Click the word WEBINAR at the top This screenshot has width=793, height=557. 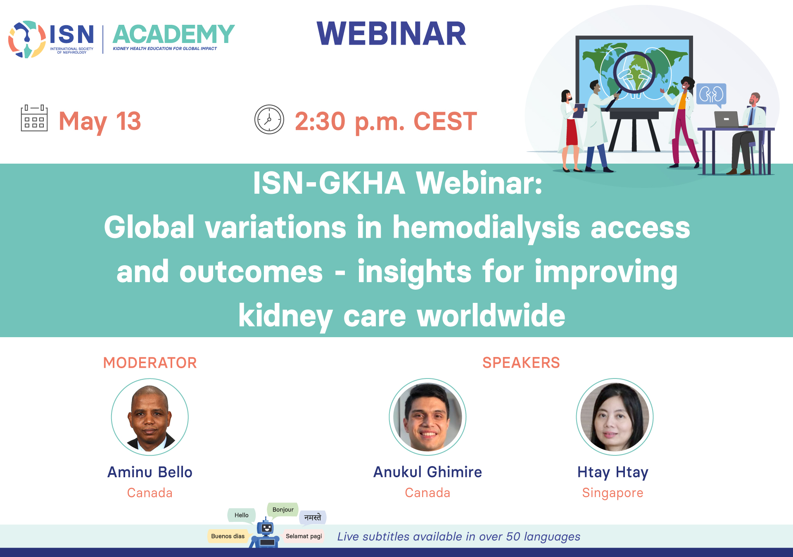tap(391, 33)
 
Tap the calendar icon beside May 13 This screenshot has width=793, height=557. tap(34, 118)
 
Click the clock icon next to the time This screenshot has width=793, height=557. tap(269, 119)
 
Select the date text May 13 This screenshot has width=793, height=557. tap(100, 121)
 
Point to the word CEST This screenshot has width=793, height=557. tap(445, 121)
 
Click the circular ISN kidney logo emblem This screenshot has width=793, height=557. tap(27, 39)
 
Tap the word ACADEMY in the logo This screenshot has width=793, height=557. tap(173, 34)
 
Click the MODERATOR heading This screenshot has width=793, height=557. tap(150, 363)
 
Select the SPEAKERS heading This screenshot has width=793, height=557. tap(521, 363)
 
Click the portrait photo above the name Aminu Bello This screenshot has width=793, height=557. tap(150, 417)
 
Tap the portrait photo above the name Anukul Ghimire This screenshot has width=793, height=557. tap(427, 417)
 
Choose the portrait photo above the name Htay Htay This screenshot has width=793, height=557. tap(615, 417)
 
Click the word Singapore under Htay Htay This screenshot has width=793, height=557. tap(613, 493)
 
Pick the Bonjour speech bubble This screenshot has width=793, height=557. tap(283, 510)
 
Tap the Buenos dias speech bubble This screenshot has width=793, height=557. tap(228, 536)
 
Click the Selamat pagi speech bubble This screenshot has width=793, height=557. tap(304, 536)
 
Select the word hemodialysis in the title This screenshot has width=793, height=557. tap(486, 228)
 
